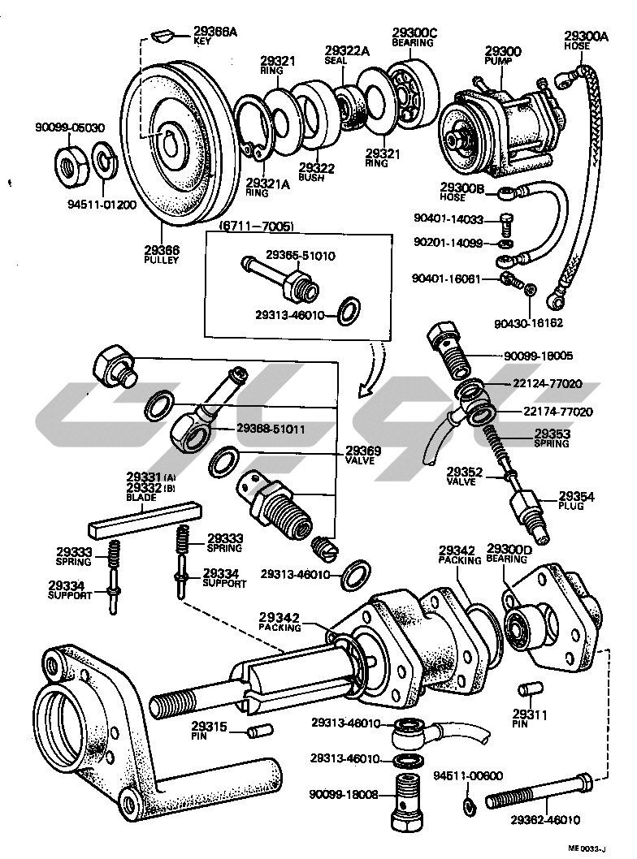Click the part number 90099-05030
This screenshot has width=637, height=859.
[x=70, y=127]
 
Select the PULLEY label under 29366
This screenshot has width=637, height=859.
[x=162, y=260]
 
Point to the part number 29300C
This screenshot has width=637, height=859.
[x=414, y=32]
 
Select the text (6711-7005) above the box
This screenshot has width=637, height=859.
[x=256, y=226]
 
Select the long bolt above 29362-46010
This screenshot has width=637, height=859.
[x=540, y=792]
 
